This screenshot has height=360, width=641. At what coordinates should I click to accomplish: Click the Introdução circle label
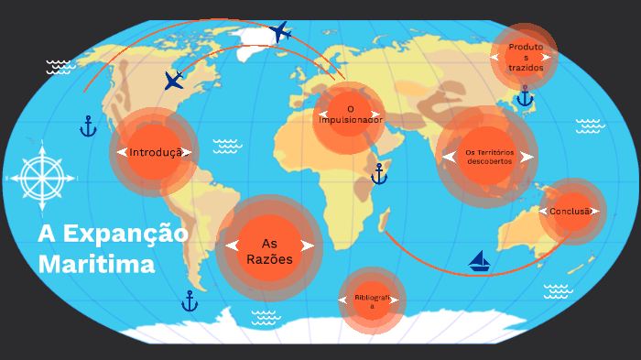point(154,152)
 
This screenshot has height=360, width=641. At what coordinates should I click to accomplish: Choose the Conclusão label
point(571,212)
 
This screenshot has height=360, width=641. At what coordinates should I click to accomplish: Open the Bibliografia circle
point(372,301)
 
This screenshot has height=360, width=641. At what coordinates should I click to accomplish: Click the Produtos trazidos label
point(526,57)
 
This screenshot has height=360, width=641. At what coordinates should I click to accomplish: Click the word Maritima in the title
point(96,265)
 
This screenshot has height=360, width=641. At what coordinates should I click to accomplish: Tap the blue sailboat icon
point(480,261)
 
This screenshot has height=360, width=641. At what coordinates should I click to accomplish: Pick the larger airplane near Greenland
point(281,33)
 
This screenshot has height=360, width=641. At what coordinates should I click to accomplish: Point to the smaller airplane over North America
point(174,81)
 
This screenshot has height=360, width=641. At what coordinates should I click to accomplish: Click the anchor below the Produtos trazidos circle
point(525,96)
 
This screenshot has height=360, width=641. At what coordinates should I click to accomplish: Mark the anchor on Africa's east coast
point(379,173)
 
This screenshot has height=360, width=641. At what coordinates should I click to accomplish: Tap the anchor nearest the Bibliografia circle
point(190,300)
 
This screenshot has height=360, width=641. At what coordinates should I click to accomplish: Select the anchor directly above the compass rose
point(88,125)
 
